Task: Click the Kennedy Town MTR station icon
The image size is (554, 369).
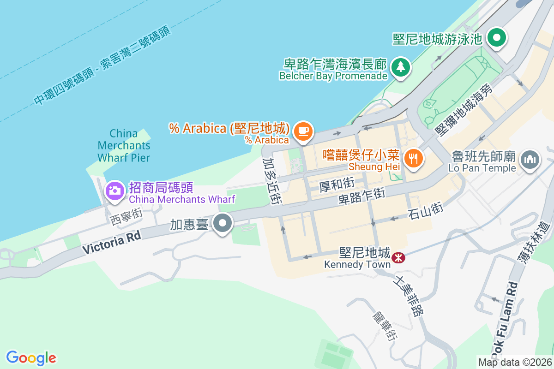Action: click(397, 257)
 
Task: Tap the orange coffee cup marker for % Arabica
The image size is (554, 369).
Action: click(303, 131)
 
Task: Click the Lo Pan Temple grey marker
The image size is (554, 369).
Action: click(530, 159)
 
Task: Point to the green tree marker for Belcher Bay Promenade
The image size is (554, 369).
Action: click(400, 67)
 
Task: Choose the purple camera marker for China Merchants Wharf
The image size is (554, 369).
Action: click(114, 190)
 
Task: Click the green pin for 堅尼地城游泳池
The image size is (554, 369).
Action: click(497, 38)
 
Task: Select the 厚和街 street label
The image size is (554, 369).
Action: click(337, 185)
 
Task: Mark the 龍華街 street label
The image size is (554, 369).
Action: click(384, 325)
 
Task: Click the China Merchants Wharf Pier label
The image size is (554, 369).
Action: click(124, 146)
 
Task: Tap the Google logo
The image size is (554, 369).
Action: click(31, 358)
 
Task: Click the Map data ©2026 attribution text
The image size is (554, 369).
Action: click(514, 363)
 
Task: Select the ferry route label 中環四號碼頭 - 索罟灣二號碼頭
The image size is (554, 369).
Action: click(102, 65)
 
